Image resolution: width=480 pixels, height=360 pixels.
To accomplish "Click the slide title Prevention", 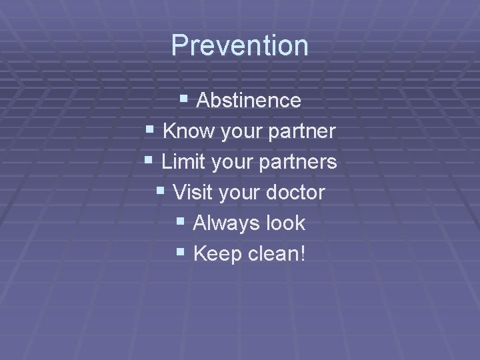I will pos(240,46).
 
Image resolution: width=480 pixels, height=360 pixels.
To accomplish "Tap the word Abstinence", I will pos(249,101).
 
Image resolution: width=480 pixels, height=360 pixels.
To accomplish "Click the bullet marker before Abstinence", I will pos(183,100).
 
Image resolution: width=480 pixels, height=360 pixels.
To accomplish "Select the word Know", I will pos(185,131).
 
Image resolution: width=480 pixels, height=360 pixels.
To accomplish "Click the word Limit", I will pos(183,162).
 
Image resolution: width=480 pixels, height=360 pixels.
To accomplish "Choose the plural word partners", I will pos(301,163).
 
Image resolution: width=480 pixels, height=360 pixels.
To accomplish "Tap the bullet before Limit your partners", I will pos(149,161).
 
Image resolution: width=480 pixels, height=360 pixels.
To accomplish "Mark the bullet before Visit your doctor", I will pos(160,192).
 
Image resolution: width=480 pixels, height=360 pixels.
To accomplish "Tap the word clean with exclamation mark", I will pos(277,254).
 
